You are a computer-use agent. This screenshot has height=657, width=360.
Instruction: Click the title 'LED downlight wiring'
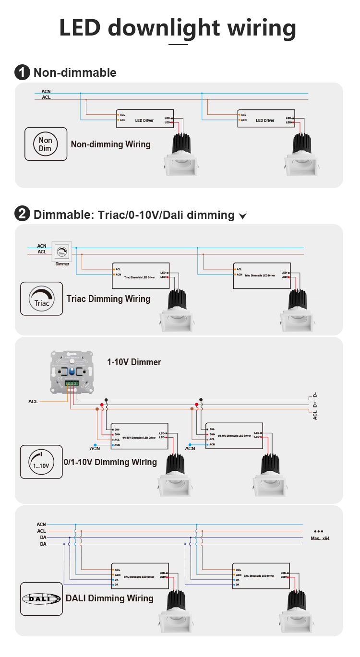coord(178,27)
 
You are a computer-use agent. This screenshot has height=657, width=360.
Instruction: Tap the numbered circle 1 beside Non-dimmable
coord(22,72)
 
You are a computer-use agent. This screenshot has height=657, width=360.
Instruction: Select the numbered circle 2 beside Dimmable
coord(22,214)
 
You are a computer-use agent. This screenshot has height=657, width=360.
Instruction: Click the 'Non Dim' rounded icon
coord(46,144)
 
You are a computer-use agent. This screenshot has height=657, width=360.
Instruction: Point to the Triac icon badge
coord(42,299)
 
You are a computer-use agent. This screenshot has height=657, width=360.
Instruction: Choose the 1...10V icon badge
coord(41,462)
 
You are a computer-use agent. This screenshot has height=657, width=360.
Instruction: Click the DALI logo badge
coord(41,598)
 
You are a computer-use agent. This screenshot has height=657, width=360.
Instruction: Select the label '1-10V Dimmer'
coord(134,362)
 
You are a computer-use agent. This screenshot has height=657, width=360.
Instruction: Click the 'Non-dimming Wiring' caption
coord(110,144)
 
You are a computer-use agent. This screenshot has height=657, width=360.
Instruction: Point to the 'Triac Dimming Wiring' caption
coord(108,299)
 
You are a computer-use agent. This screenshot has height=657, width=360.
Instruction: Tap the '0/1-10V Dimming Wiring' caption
coord(110,462)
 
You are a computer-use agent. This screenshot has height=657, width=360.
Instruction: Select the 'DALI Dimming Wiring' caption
coord(109,598)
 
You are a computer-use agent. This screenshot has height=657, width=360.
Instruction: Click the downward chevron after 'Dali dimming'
coord(243,216)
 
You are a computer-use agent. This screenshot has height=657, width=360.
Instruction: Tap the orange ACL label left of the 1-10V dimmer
coord(33,401)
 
